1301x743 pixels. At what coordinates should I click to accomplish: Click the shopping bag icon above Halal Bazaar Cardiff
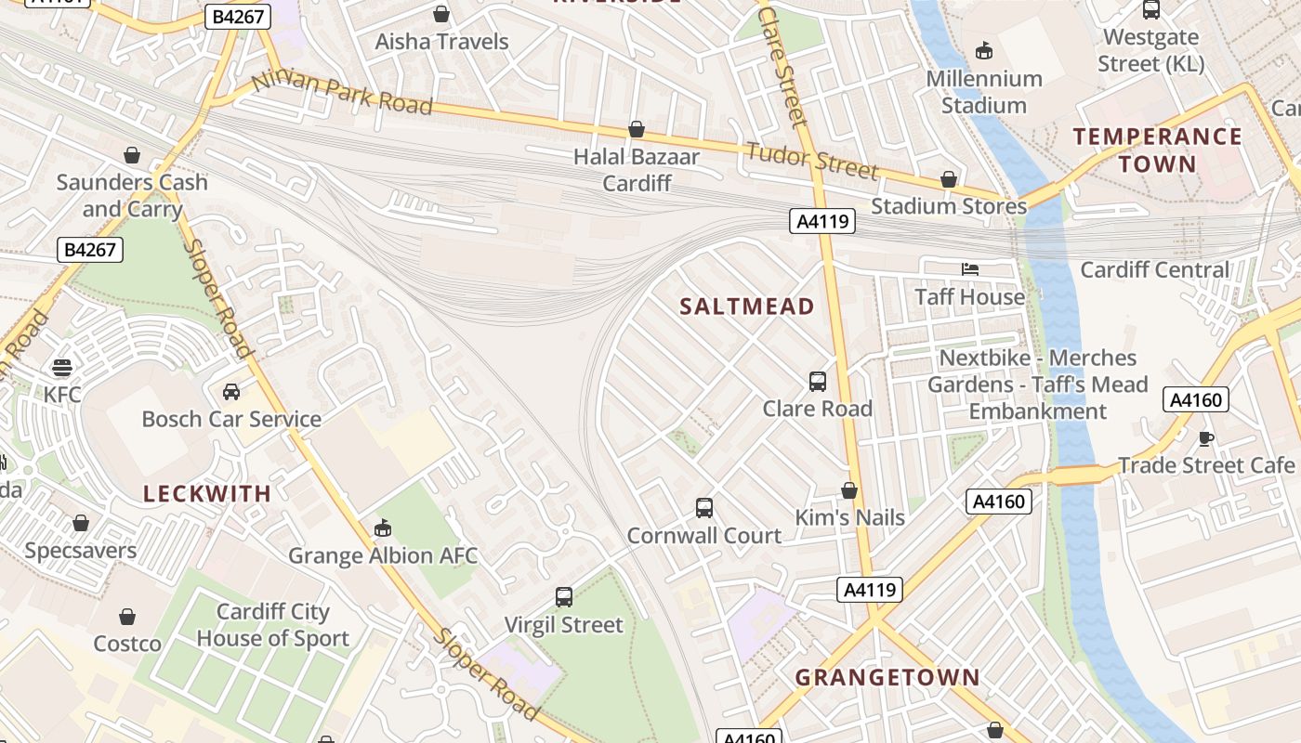(637, 129)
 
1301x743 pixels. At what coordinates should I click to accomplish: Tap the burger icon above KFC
(62, 367)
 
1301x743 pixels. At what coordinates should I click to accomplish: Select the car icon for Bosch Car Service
(231, 392)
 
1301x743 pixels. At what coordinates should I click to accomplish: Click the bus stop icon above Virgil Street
(564, 597)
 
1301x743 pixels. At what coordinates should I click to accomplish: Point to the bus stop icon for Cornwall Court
(704, 508)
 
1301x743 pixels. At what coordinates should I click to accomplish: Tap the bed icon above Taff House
(970, 269)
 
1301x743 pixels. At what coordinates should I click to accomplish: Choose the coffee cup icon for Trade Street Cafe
(1206, 437)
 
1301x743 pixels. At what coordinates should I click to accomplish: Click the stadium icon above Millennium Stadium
(984, 51)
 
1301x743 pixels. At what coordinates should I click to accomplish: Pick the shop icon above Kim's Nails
(849, 490)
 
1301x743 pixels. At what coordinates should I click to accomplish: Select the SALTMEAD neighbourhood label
(747, 306)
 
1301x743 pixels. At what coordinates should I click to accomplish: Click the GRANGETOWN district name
(887, 677)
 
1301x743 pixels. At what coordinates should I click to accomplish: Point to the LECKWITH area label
(207, 493)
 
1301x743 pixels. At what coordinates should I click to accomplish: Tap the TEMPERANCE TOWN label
(1158, 150)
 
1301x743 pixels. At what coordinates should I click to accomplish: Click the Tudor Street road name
(812, 161)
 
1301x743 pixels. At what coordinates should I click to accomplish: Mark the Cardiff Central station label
(1154, 270)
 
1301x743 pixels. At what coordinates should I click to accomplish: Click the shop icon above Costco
(127, 617)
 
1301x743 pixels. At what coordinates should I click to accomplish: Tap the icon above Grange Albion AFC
(382, 528)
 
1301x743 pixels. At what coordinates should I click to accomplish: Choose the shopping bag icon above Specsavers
(81, 523)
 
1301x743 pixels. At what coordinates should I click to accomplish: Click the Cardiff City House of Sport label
(273, 625)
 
